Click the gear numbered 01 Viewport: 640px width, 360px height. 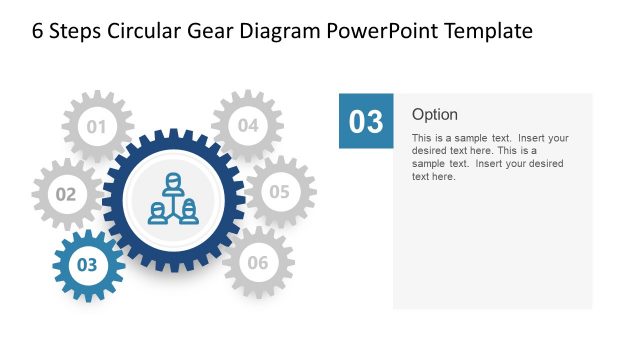(x=97, y=127)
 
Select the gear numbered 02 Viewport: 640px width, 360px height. (x=66, y=194)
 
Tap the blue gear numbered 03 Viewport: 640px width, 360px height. (x=88, y=265)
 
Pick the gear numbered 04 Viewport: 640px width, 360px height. (x=247, y=126)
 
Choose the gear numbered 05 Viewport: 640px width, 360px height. (x=279, y=191)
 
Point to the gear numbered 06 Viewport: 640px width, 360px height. (x=257, y=263)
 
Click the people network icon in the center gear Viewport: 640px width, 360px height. (x=173, y=199)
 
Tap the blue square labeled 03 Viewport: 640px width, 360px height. (x=366, y=121)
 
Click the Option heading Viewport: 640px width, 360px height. (x=435, y=114)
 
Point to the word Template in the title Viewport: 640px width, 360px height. (x=488, y=31)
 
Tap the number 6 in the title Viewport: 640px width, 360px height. (x=38, y=31)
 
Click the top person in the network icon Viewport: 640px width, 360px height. (x=173, y=184)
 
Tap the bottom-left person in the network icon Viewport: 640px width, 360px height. (x=158, y=212)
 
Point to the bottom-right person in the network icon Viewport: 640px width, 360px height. (x=188, y=212)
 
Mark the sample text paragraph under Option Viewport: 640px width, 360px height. (x=490, y=157)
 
